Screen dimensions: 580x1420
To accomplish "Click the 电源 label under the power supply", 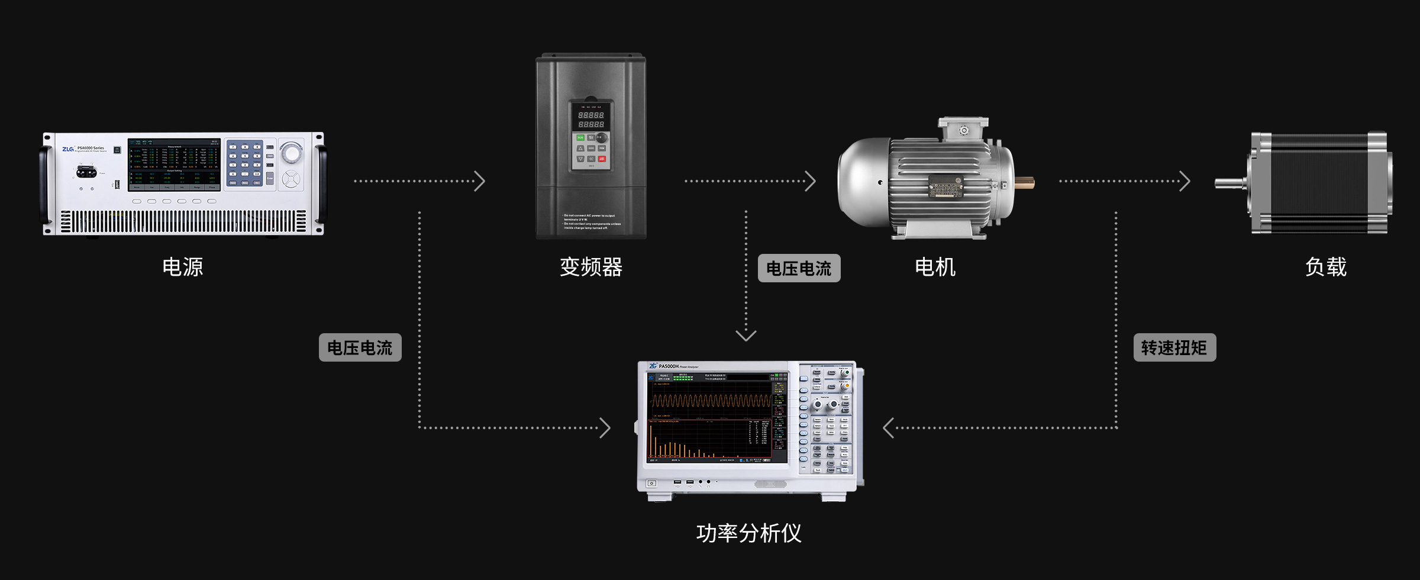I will pos(183,267).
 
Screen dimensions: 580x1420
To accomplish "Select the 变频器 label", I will pos(591,267).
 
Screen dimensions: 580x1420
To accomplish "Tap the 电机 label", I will pos(935,267).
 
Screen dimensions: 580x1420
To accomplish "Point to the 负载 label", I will pos(1326,267).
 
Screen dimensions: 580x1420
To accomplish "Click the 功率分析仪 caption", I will pos(748,533).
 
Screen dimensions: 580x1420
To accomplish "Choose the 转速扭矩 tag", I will pos(1174,347).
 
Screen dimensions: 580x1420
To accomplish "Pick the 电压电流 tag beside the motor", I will pos(799,268).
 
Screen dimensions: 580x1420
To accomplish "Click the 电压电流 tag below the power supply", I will pos(360,347).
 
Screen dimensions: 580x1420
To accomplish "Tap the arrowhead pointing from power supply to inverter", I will pos(480,181).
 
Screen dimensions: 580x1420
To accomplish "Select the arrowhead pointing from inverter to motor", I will pos(811,181).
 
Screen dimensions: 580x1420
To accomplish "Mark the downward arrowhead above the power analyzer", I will pos(746,336).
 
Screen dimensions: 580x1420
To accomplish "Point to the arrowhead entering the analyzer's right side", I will pos(888,427).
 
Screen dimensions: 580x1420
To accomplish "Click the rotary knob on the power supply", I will pos(291,153).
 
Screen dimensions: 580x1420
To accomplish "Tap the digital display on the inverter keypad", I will pos(591,120).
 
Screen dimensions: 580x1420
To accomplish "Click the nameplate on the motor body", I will pos(945,187).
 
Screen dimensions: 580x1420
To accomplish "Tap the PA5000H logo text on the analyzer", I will pos(669,366).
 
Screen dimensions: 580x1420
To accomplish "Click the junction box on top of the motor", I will pos(963,130).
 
